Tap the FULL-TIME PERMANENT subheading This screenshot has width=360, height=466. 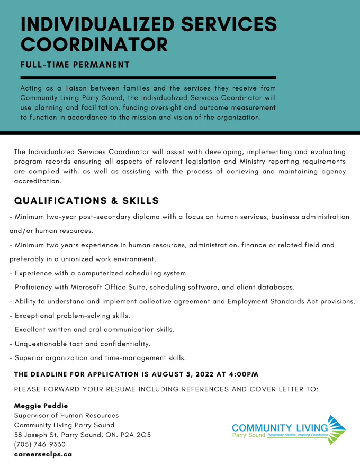75,65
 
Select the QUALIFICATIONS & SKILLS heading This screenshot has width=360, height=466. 86,201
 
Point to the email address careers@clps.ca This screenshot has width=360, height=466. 43,454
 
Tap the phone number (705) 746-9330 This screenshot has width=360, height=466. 40,444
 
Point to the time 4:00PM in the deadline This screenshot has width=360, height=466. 244,374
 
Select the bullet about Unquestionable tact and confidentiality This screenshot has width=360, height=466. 80,344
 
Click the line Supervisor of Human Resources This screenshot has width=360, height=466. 66,415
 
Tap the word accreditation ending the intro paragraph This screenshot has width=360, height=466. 38,181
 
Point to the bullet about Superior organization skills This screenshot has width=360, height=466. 97,358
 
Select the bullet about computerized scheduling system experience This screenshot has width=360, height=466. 98,273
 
